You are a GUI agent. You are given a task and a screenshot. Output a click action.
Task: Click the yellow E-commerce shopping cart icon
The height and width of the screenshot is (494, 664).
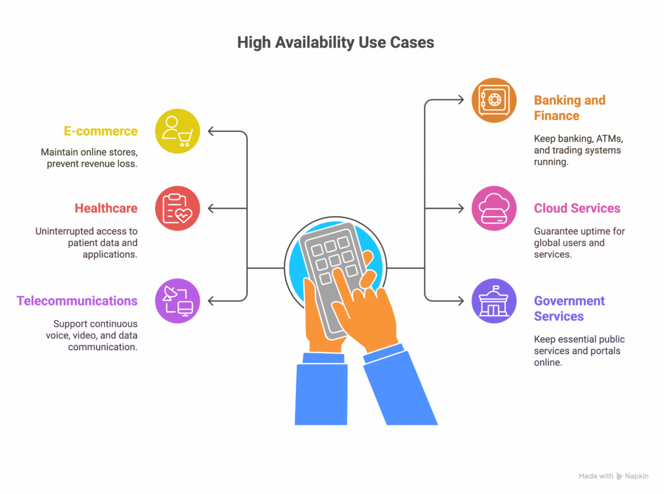tap(178, 131)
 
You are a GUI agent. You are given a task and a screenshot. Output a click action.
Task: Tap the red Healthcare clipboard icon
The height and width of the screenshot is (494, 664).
tap(178, 209)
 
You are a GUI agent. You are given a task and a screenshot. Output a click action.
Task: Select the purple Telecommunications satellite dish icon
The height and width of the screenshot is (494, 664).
tap(178, 301)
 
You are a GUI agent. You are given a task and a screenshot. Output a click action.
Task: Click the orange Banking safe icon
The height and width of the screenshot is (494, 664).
tap(494, 100)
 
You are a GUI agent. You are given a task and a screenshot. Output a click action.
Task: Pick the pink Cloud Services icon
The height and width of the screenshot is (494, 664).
tap(494, 209)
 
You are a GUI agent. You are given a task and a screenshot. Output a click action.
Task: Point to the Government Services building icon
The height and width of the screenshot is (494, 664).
tap(494, 301)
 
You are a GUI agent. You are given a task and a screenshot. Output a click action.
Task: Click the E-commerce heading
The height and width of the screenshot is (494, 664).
tap(101, 131)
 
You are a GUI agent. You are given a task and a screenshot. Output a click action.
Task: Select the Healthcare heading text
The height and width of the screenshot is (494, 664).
tap(106, 209)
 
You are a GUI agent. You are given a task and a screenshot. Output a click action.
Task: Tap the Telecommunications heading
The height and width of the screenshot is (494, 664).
tap(77, 301)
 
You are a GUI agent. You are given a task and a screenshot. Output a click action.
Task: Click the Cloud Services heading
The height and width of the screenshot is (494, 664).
tap(577, 209)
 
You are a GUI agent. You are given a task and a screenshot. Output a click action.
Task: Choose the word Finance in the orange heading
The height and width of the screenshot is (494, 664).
tap(556, 116)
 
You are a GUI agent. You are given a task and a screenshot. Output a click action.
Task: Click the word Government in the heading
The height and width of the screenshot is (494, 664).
tap(569, 301)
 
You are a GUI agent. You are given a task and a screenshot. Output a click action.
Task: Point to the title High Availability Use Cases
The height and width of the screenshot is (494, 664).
tap(336, 43)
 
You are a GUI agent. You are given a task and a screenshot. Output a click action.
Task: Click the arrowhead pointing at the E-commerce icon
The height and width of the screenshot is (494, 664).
tap(211, 132)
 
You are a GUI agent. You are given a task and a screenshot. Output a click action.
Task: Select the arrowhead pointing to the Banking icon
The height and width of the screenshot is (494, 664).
tap(460, 100)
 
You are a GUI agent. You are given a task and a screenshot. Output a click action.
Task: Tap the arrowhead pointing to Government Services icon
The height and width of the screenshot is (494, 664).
tap(460, 301)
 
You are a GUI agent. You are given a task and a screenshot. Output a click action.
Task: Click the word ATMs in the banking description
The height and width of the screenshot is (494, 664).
tap(609, 139)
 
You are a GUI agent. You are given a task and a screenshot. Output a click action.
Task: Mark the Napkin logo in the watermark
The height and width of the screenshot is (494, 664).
tap(619, 476)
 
